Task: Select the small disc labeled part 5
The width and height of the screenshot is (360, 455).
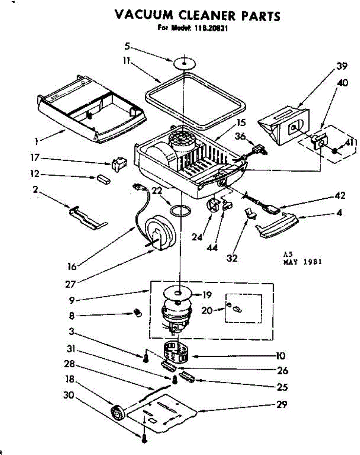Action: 184,63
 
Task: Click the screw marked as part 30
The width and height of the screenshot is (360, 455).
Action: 144,439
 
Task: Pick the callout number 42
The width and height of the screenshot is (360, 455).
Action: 340,196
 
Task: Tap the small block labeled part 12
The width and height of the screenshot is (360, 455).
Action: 103,179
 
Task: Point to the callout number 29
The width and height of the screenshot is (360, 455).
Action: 281,404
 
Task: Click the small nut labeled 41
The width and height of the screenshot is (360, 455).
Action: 335,151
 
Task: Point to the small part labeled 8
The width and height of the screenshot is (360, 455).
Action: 137,313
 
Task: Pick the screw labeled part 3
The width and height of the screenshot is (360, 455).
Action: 145,358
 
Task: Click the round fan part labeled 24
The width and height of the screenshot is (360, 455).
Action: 214,206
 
